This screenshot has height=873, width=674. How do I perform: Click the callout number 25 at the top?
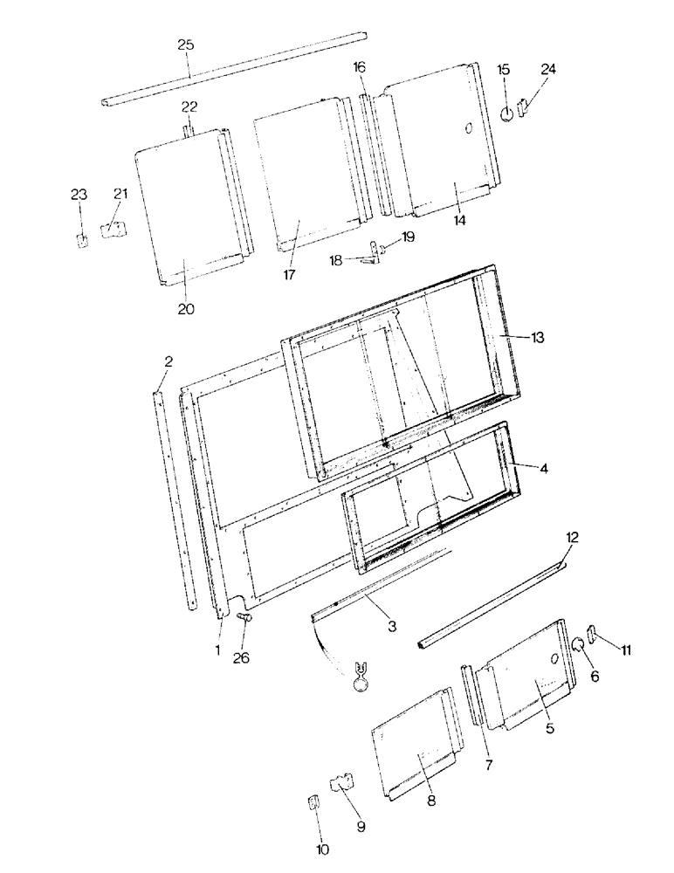click(186, 45)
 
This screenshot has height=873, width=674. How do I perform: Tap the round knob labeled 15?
click(505, 114)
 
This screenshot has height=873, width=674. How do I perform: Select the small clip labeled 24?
click(524, 107)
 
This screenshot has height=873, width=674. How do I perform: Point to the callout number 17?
click(289, 274)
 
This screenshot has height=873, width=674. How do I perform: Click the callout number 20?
click(186, 308)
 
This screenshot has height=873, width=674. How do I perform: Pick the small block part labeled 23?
click(82, 240)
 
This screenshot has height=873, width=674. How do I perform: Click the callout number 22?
click(189, 107)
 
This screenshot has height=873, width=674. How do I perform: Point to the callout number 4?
click(543, 469)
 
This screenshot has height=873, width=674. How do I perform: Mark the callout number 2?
click(168, 361)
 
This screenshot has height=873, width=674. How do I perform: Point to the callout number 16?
click(360, 66)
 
